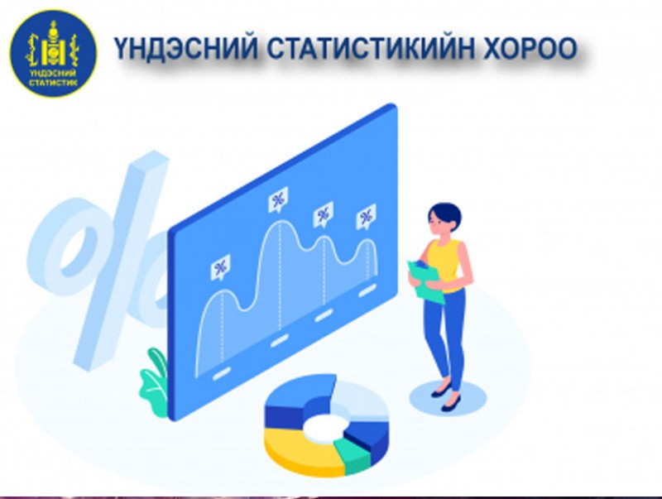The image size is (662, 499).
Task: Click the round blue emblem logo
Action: (x=53, y=54)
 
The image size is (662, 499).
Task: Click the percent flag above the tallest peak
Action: (x=278, y=199)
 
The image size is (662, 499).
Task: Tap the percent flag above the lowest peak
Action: (x=220, y=267)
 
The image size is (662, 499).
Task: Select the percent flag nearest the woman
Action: (x=366, y=217)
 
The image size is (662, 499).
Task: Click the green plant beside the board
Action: (x=154, y=382)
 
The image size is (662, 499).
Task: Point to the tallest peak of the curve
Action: (x=280, y=223)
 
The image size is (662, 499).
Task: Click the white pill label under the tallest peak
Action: (x=280, y=340)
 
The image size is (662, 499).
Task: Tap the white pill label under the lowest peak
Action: (x=222, y=373)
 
